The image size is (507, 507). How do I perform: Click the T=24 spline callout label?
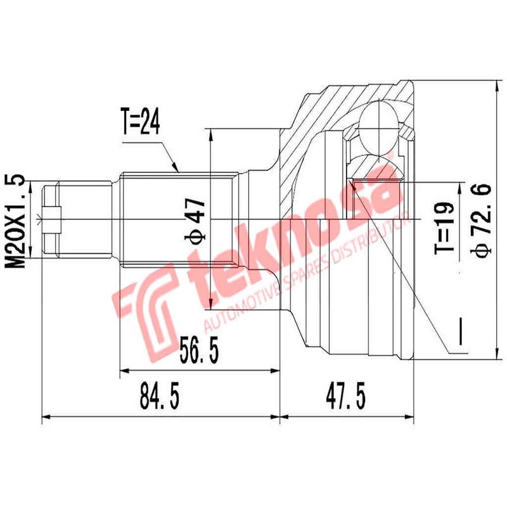(x=139, y=122)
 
